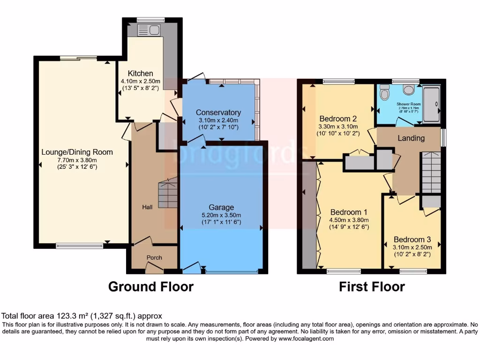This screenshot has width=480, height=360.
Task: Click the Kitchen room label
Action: pyautogui.click(x=141, y=74)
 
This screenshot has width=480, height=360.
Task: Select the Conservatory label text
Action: pyautogui.click(x=218, y=112)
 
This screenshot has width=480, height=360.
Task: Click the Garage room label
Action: pyautogui.click(x=221, y=207)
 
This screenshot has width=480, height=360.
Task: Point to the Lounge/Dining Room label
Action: pyautogui.click(x=77, y=152)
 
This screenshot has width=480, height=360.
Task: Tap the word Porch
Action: pyautogui.click(x=154, y=257)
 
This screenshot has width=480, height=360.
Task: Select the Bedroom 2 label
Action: pyautogui.click(x=338, y=118)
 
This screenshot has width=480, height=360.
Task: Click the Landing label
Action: pyautogui.click(x=411, y=138)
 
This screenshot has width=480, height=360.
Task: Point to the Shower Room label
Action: pyautogui.click(x=408, y=104)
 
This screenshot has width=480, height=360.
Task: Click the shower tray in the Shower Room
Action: pyautogui.click(x=431, y=104)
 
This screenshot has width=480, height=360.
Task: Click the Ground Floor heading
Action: pyautogui.click(x=150, y=286)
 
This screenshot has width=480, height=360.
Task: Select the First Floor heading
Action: pyautogui.click(x=372, y=286)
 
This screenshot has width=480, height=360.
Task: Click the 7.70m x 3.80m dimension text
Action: pyautogui.click(x=77, y=160)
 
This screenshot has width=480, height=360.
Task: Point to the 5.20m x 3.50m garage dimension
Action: pyautogui.click(x=221, y=215)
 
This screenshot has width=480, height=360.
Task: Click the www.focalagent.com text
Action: pyautogui.click(x=306, y=338)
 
